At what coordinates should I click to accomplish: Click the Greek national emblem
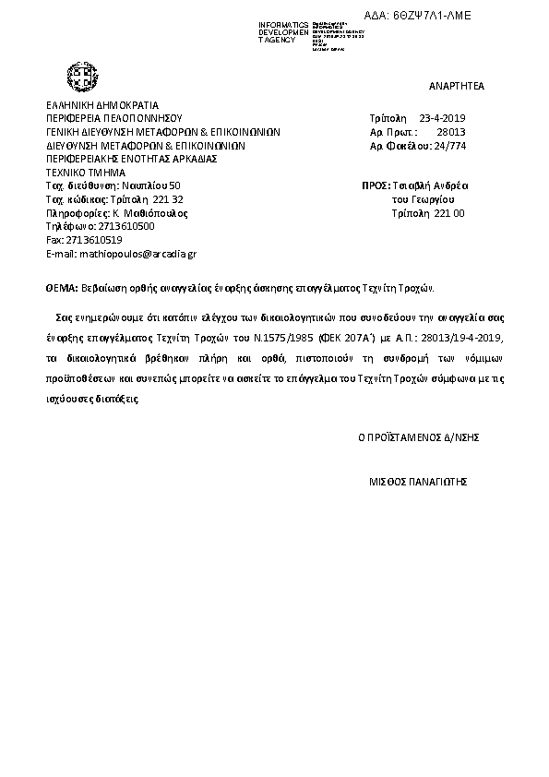(x=80, y=75)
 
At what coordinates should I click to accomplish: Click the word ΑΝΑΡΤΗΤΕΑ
(x=457, y=86)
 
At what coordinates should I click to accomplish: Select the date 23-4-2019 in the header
(x=443, y=119)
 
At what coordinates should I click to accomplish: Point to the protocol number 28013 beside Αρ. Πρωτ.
(x=451, y=132)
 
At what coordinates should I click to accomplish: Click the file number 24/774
(x=450, y=146)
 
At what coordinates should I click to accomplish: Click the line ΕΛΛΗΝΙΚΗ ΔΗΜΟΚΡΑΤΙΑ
(x=102, y=105)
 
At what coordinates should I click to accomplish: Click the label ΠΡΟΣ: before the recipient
(x=375, y=185)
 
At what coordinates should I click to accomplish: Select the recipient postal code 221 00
(x=449, y=212)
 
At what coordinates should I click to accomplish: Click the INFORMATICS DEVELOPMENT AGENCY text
(x=284, y=32)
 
